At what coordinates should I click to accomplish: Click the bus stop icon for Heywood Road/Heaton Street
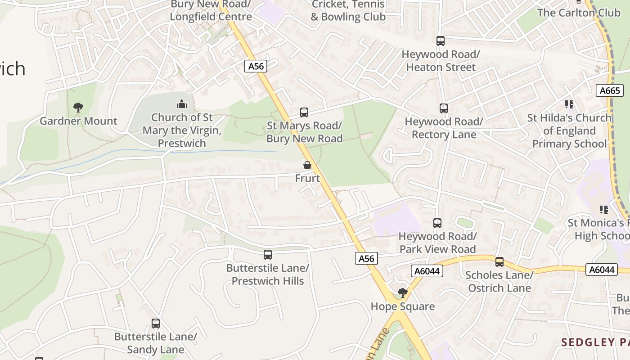[x=441, y=41]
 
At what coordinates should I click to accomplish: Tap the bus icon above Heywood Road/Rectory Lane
[x=444, y=108]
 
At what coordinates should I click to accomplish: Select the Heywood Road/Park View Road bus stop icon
[x=437, y=223]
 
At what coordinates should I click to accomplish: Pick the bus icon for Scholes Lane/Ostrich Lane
[x=499, y=262]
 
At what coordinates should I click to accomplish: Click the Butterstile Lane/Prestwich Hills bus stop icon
[x=268, y=255]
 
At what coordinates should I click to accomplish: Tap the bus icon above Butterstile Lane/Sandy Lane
[x=156, y=324]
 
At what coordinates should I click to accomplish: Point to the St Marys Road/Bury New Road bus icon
[x=304, y=112]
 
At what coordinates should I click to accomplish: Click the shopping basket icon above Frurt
[x=307, y=165]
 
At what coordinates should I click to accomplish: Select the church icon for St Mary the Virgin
[x=182, y=104]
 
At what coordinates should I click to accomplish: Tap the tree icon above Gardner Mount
[x=78, y=108]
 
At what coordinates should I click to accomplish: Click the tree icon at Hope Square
[x=403, y=293]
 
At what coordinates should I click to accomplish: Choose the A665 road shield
[x=610, y=90]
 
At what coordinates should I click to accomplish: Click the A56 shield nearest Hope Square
[x=366, y=258]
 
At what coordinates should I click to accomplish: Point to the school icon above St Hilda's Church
[x=569, y=104]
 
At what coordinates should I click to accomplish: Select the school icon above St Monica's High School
[x=604, y=209]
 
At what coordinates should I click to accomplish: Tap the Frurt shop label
[x=307, y=178]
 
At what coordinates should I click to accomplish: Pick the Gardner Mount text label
[x=78, y=121]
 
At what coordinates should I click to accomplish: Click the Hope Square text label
[x=403, y=306]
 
